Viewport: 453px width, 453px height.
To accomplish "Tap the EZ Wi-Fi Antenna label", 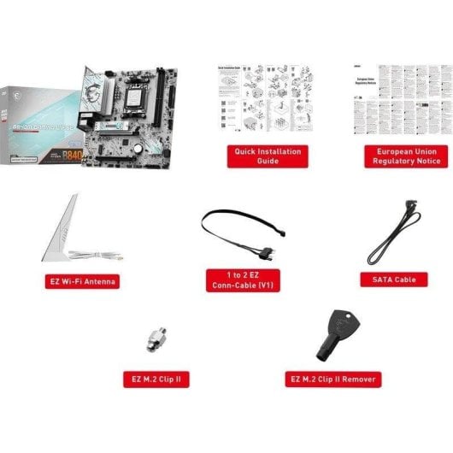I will pyautogui.click(x=82, y=280).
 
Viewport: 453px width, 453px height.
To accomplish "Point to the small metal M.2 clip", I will pyautogui.click(x=156, y=339).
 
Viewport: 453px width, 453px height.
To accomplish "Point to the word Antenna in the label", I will pyautogui.click(x=100, y=280).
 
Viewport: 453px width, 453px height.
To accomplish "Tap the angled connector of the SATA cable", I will pyautogui.click(x=411, y=207).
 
